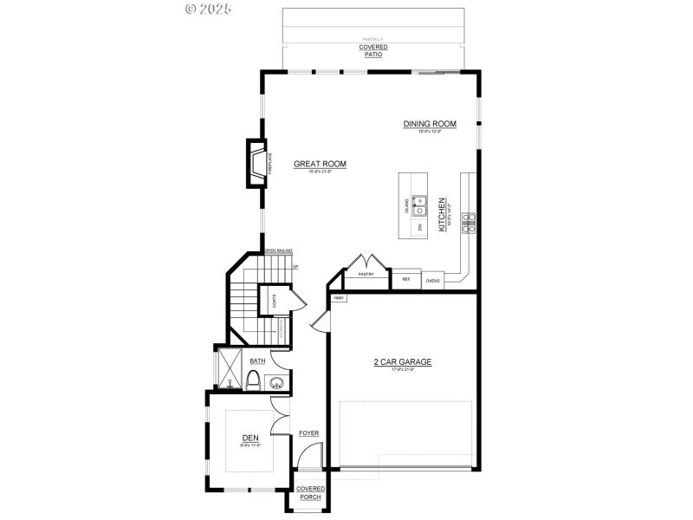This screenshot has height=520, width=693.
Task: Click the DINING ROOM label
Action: [429, 124]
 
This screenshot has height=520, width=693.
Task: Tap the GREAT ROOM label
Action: [320, 164]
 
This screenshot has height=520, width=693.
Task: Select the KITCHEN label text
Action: [441, 213]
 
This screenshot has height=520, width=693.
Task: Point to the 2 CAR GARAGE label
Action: [402, 361]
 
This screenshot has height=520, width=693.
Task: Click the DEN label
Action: [250, 437]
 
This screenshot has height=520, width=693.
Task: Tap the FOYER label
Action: [309, 432]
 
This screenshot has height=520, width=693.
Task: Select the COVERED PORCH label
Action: [310, 492]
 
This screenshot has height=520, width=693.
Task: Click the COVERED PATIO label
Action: [373, 50]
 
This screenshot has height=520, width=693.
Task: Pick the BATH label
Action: [257, 361]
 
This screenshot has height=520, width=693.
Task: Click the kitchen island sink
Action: [421, 206]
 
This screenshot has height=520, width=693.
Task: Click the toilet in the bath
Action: [254, 380]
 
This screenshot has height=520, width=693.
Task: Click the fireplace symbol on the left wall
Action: [256, 165]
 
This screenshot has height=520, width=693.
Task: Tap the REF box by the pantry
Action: [405, 279]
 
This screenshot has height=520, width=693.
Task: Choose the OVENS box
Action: [432, 280]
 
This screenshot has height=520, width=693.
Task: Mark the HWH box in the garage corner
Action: [339, 298]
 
